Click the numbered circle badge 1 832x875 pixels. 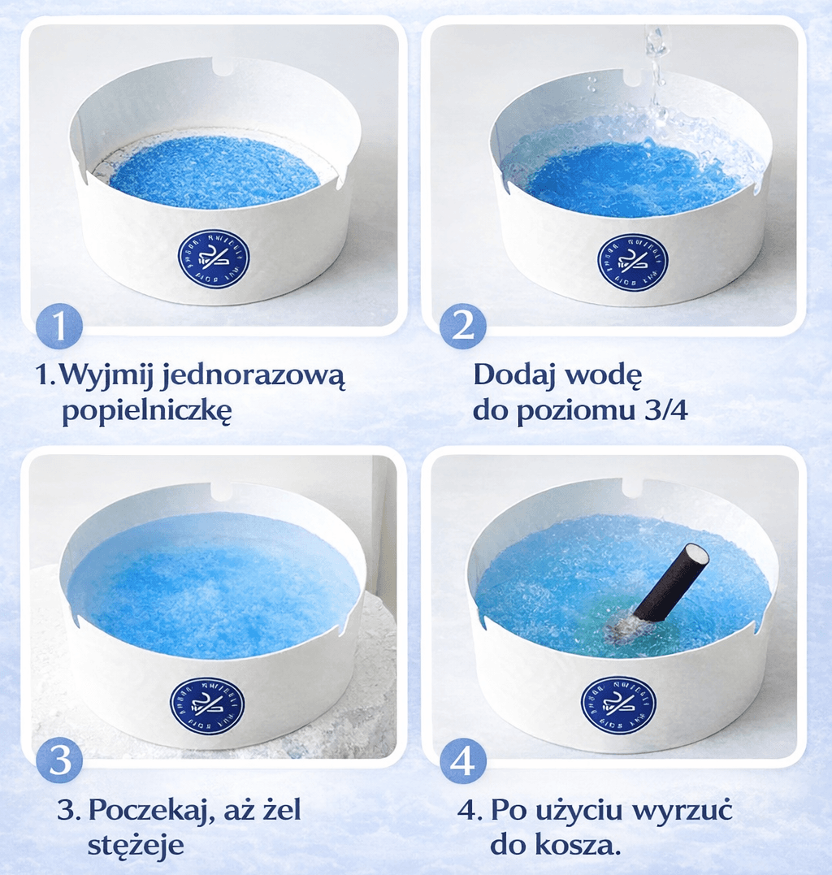point(58,327)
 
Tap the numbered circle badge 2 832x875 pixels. point(462,327)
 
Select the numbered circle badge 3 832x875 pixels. point(58,761)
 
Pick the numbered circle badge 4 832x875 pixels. point(462,761)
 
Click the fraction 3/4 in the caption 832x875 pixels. point(664,410)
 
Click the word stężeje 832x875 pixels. point(136,845)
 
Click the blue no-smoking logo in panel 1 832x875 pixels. point(214,260)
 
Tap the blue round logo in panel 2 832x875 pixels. point(632,262)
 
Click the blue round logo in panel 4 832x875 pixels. point(618,704)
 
